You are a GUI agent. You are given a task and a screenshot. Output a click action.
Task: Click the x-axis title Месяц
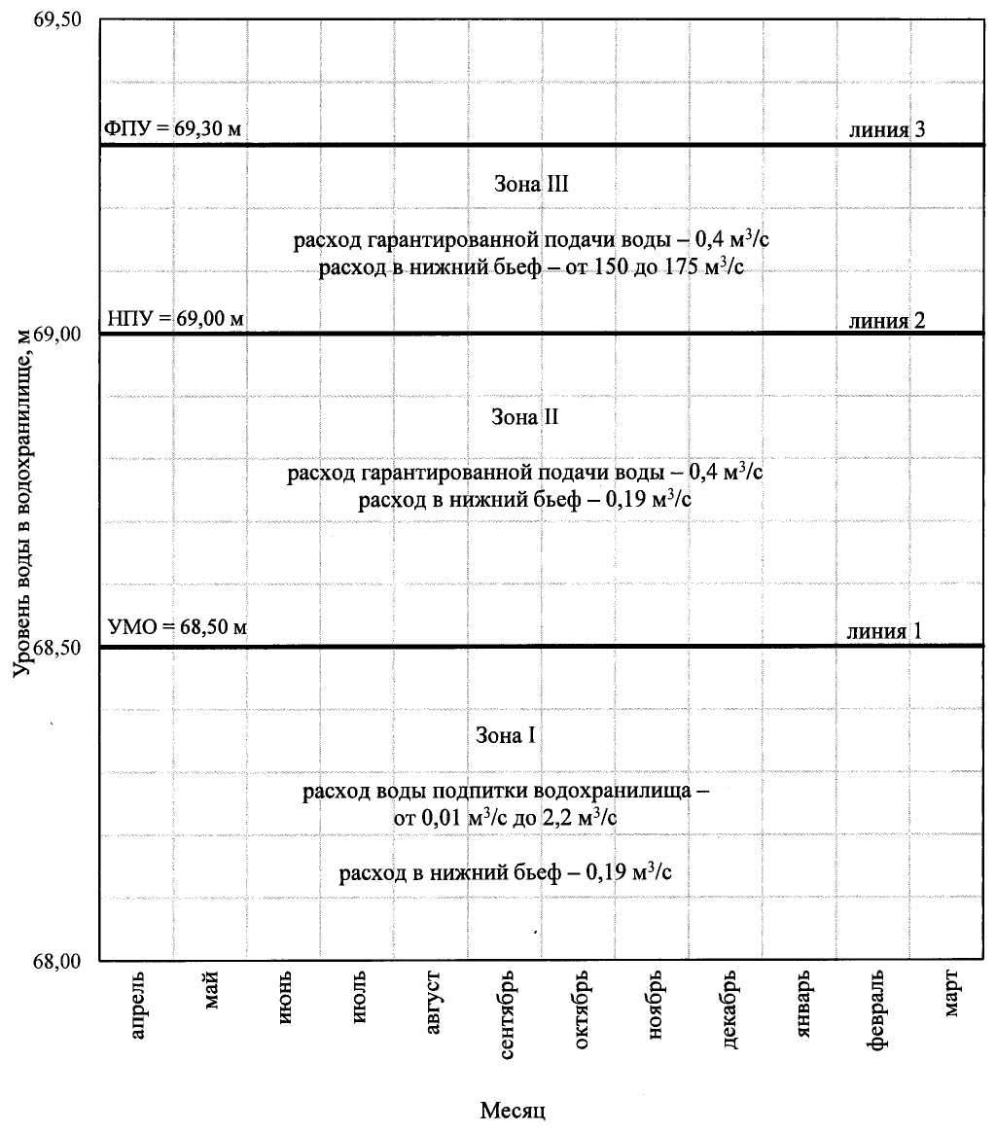pyautogui.click(x=513, y=1109)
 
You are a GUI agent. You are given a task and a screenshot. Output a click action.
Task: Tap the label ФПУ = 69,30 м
pyautogui.click(x=173, y=129)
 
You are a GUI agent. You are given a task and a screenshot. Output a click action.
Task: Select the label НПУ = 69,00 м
pyautogui.click(x=173, y=318)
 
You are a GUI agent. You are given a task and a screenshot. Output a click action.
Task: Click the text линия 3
pyautogui.click(x=884, y=130)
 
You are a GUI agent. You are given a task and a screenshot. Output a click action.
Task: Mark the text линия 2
pyautogui.click(x=884, y=319)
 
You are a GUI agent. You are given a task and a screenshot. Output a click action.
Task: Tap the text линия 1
pyautogui.click(x=884, y=630)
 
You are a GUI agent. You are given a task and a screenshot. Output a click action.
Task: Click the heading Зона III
pyautogui.click(x=525, y=183)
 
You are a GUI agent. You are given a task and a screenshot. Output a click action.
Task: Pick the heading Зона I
pyautogui.click(x=506, y=734)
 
